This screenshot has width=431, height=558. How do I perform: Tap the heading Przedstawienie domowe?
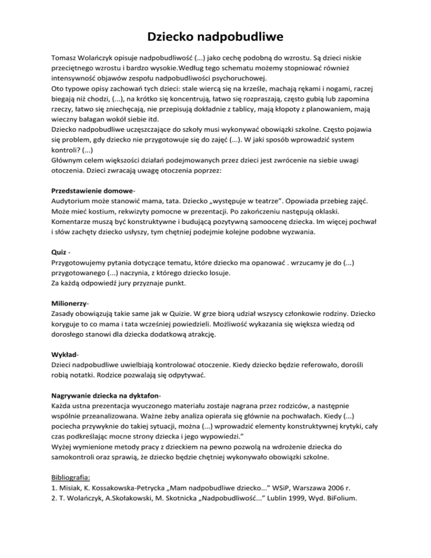[89, 190]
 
